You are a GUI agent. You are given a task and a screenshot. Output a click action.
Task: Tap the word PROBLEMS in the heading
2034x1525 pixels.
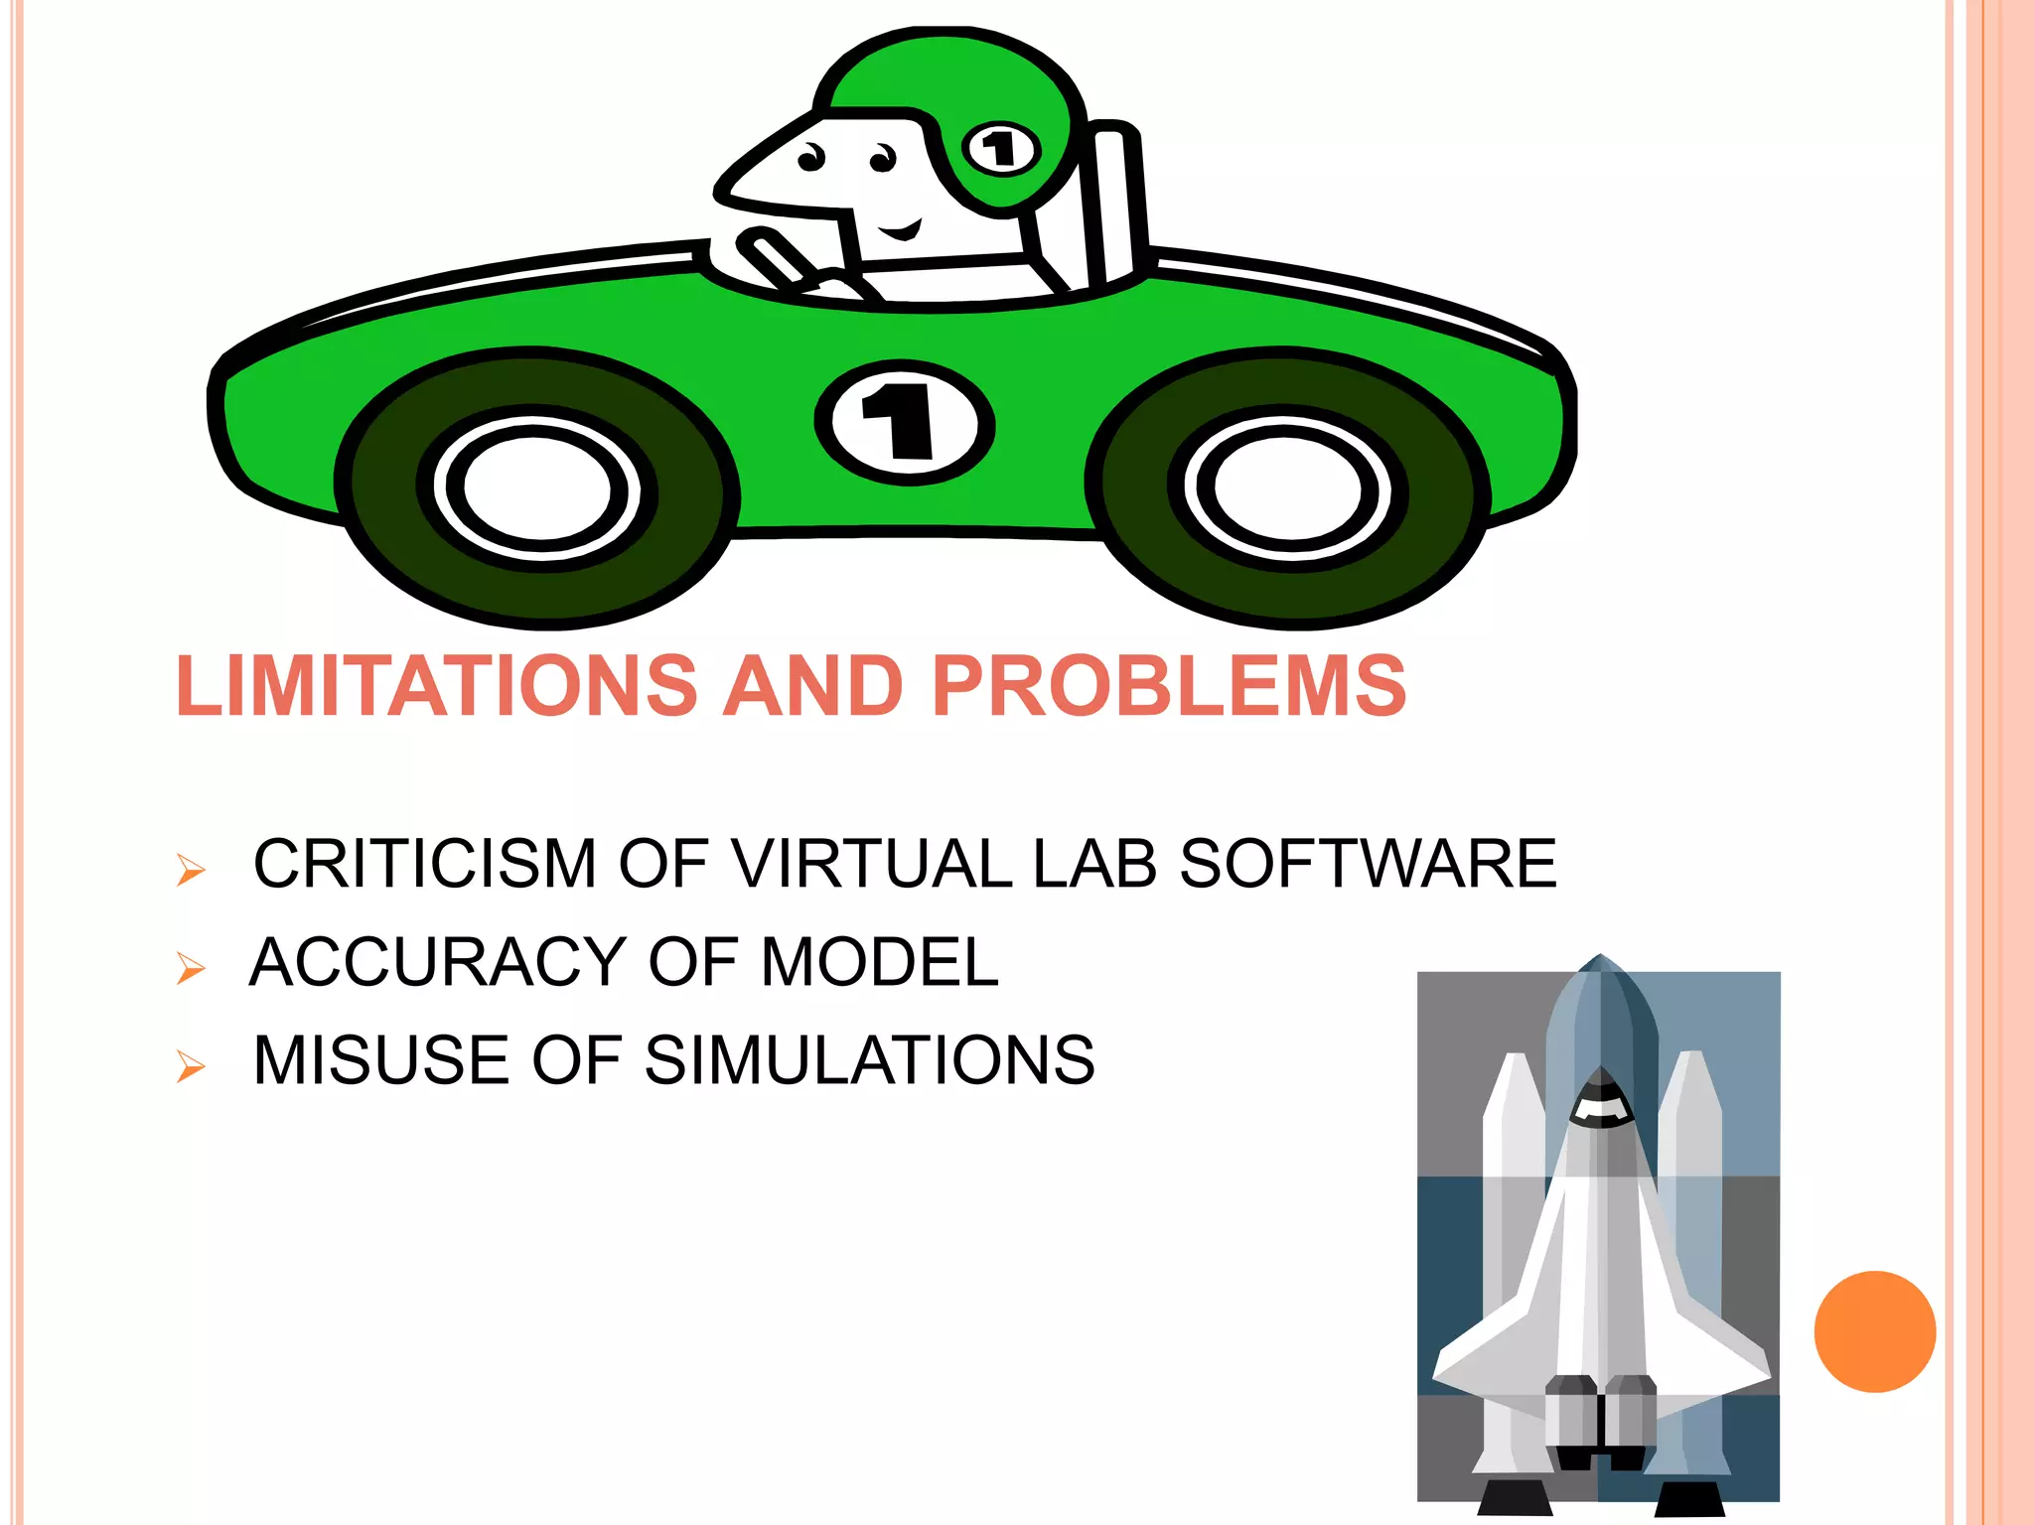(1169, 686)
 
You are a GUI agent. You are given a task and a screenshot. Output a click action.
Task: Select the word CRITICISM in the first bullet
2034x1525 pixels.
(424, 863)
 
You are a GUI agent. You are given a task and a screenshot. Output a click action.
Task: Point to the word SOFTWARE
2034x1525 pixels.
(1368, 863)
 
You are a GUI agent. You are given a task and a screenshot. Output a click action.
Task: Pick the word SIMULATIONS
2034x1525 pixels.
(869, 1060)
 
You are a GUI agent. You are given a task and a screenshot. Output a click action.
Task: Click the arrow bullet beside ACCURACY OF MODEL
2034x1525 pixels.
(190, 968)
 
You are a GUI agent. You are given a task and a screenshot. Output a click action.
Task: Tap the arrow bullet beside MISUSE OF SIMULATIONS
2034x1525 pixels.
(190, 1067)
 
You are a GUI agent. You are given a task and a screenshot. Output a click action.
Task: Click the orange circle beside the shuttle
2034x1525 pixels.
(1874, 1331)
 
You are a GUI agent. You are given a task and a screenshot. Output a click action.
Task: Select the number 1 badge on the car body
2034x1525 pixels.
(904, 423)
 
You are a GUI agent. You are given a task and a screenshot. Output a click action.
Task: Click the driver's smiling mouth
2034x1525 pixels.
(901, 232)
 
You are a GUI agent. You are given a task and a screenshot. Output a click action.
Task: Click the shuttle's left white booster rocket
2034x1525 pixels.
(1512, 1241)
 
